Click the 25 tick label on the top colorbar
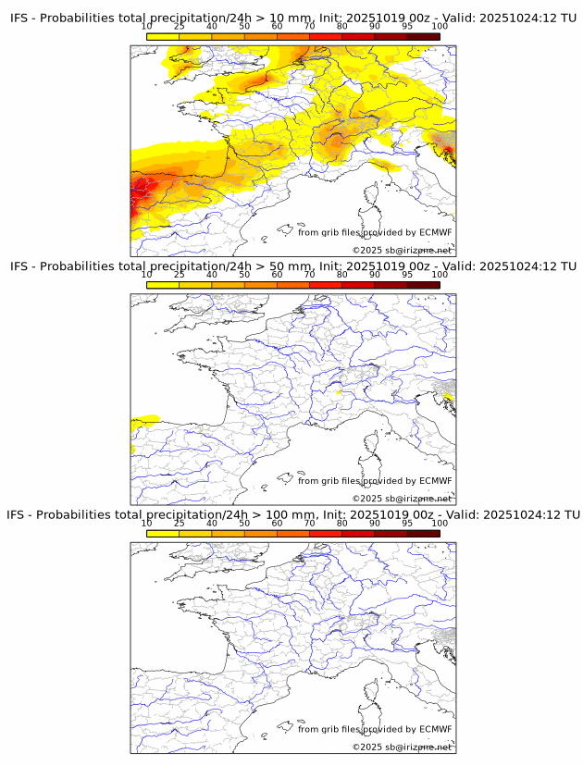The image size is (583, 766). (x=180, y=27)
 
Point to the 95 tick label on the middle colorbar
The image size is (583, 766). (x=407, y=275)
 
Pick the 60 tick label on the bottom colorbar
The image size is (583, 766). (x=277, y=523)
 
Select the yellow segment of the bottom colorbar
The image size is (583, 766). (x=163, y=533)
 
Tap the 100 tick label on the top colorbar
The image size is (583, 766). (x=440, y=27)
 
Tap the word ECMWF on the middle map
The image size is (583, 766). (x=436, y=481)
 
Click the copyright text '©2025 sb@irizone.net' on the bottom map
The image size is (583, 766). (x=402, y=747)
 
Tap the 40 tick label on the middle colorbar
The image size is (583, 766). (x=212, y=275)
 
